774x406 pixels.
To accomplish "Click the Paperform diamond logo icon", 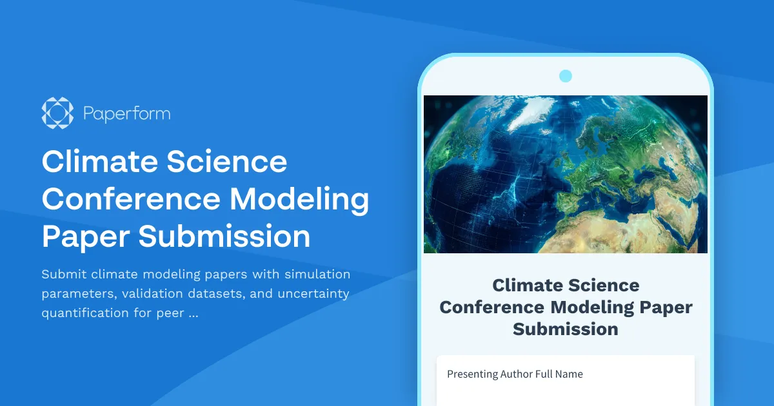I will pos(57,113).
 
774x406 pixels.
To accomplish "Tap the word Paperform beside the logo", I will pos(127,114).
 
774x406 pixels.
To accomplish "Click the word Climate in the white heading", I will pos(97,161).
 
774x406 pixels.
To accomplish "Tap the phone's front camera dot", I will pos(566,76).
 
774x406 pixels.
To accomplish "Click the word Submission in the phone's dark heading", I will pos(566,329).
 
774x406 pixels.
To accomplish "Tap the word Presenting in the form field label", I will pos(472,374).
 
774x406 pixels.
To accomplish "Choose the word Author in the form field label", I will pos(517,374).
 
